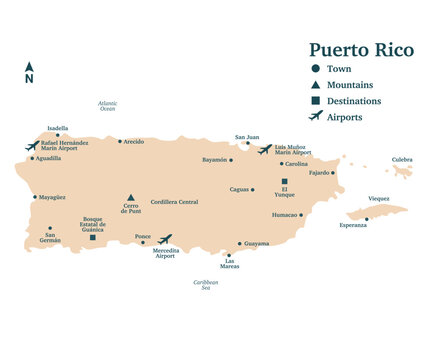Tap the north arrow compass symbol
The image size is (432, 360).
click(x=29, y=72)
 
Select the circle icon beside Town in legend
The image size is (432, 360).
click(x=316, y=68)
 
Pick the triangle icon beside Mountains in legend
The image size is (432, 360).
click(x=316, y=85)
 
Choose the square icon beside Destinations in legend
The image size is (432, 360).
click(x=316, y=101)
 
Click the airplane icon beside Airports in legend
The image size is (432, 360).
click(x=316, y=117)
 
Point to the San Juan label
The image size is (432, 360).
click(x=247, y=137)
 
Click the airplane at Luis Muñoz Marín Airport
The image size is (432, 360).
click(x=264, y=149)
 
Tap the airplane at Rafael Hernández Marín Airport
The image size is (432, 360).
click(x=32, y=145)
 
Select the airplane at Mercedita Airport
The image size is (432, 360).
click(x=165, y=239)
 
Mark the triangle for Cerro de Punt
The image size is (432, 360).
click(x=130, y=198)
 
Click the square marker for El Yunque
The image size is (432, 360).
click(x=284, y=181)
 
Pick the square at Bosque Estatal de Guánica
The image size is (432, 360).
click(x=93, y=237)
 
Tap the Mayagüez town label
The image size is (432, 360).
click(x=52, y=198)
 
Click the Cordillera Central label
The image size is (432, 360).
click(x=174, y=202)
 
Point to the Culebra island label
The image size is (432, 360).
click(x=402, y=160)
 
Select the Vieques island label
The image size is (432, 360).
click(x=379, y=198)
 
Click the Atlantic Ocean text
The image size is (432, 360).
click(x=107, y=106)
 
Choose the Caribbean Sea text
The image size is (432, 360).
click(x=205, y=285)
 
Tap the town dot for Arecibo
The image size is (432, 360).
click(x=120, y=141)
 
